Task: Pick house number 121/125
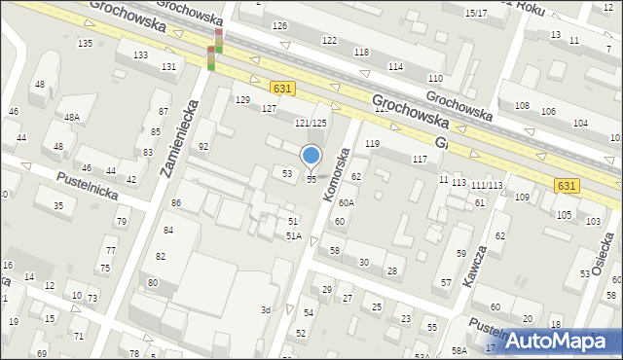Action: coord(311,123)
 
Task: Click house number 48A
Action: coord(71,117)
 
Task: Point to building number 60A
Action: coord(346,203)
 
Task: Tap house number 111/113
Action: coord(487,185)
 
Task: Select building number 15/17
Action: coord(476,13)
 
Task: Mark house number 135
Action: coord(86,44)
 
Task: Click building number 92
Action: coord(203,147)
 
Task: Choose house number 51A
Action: coord(293,236)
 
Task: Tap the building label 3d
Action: coord(265,310)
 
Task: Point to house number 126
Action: coord(279,25)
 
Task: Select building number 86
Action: coord(176,202)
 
